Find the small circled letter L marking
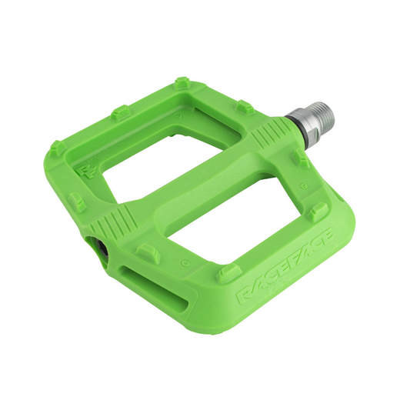(x=178, y=115)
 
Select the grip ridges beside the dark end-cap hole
(x=113, y=219)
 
